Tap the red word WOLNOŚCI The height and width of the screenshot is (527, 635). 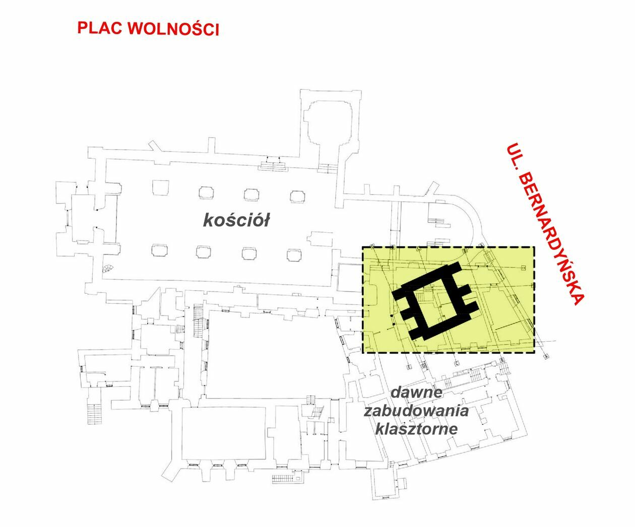(x=174, y=29)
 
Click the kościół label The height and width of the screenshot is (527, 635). (x=236, y=220)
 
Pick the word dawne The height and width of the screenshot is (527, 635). (x=416, y=391)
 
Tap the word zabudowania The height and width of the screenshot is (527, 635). (x=416, y=411)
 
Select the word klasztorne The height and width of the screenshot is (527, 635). (x=416, y=429)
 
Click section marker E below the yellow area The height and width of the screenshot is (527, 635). (x=409, y=366)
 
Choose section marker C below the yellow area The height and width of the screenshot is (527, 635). (x=457, y=363)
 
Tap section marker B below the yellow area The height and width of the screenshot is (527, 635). (x=502, y=360)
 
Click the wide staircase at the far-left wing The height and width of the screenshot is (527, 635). (x=94, y=413)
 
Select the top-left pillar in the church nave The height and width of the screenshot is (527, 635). (x=159, y=187)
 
